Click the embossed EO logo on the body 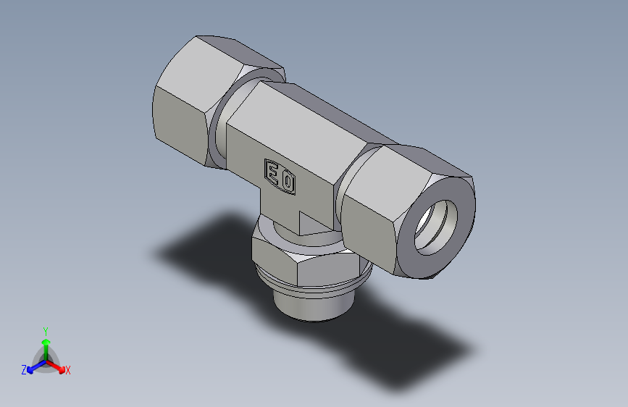click(x=280, y=176)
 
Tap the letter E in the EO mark click(x=273, y=172)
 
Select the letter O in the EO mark click(x=288, y=180)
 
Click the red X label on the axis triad click(x=68, y=371)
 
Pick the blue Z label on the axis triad click(x=24, y=370)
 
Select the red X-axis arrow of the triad click(x=57, y=366)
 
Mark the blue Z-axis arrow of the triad click(x=34, y=366)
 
